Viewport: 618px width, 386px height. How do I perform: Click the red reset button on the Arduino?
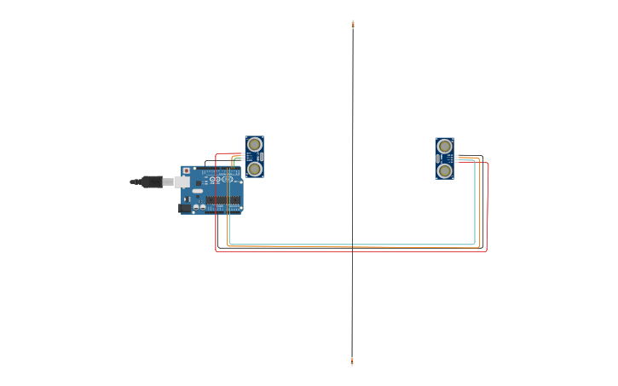tap(187, 171)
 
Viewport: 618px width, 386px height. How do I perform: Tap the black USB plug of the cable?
tap(152, 181)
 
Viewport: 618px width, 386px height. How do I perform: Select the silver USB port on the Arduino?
tap(182, 181)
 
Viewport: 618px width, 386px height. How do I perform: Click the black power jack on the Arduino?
tap(183, 207)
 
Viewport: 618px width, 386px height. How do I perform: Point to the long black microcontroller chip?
tap(222, 201)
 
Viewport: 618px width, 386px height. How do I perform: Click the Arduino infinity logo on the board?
tap(216, 179)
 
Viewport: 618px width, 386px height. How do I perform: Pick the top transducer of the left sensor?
tap(254, 144)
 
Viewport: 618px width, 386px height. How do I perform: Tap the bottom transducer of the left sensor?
tap(254, 169)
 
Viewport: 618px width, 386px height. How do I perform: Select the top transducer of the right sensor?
tap(444, 146)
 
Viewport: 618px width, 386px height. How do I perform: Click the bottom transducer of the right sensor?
tap(444, 170)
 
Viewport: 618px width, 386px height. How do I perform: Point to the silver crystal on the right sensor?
tap(437, 158)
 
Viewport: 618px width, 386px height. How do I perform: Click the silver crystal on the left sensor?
tap(261, 157)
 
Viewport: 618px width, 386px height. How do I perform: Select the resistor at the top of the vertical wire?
tap(352, 25)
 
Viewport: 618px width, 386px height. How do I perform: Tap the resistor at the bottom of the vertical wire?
tap(352, 361)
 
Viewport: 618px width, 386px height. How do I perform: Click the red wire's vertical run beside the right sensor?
tap(487, 205)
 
